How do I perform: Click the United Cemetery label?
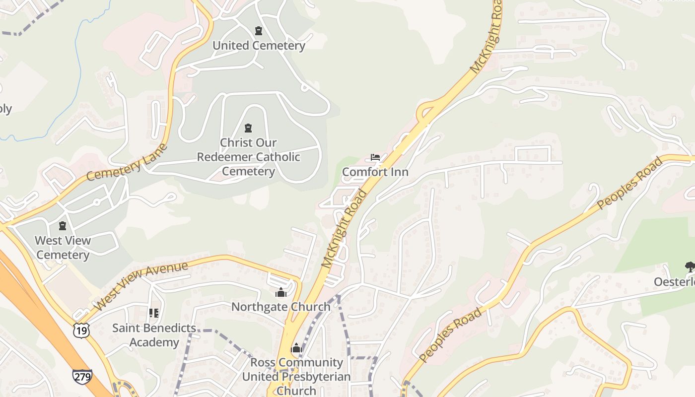point(259,46)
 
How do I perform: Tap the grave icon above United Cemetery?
point(258,31)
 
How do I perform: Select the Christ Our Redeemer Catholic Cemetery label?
point(248,157)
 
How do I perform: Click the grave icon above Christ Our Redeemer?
point(248,129)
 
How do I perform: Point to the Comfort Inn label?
point(375,172)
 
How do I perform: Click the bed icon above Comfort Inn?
point(375,158)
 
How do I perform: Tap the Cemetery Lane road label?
point(127,162)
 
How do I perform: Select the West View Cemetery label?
point(63,248)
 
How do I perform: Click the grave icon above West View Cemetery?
point(63,226)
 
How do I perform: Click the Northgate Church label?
point(281,307)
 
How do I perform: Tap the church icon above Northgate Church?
point(281,292)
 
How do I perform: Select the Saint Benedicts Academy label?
point(154,335)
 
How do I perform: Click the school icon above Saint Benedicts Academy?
point(154,313)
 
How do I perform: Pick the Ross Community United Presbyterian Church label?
point(296,376)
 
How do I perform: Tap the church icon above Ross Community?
point(296,348)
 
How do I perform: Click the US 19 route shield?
point(81,330)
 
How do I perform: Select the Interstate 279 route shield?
point(82,377)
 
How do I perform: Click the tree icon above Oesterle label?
point(690,267)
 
